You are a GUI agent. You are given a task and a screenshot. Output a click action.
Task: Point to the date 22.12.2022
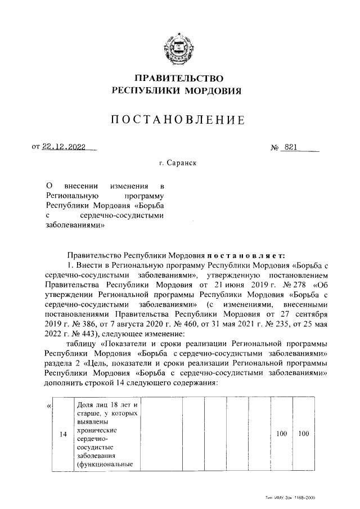tap(64, 147)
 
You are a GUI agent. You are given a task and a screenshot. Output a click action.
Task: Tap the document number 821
tap(291, 147)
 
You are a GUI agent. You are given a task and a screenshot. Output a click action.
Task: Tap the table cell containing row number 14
tap(64, 435)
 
